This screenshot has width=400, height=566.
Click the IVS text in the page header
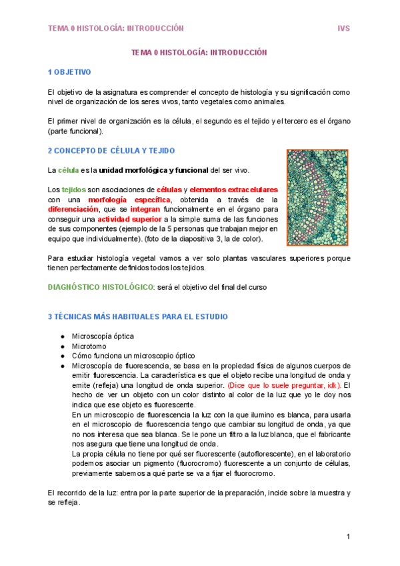coord(343,29)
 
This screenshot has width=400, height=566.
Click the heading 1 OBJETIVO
coord(69,71)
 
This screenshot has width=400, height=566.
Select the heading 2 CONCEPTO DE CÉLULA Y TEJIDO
coord(111,151)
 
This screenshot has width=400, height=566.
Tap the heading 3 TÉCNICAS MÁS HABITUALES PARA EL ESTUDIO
coord(138,316)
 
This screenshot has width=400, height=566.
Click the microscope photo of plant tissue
coord(317,197)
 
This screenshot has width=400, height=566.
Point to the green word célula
coord(69,170)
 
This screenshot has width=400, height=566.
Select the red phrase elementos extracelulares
coord(238,190)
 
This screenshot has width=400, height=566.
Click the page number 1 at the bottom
coord(348,537)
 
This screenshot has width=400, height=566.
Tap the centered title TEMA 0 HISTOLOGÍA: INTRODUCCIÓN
coord(199,52)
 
